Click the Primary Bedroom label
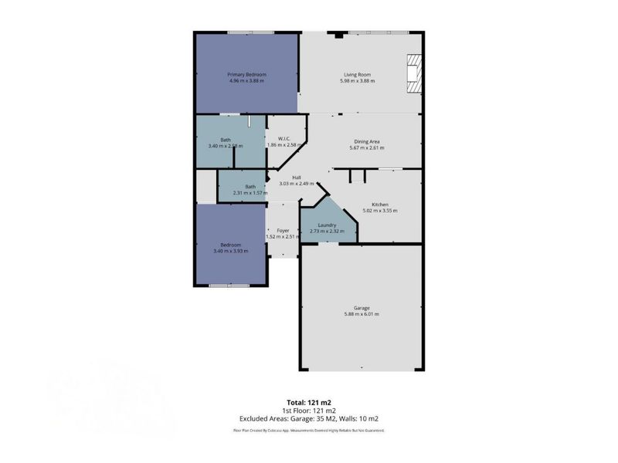tap(246, 74)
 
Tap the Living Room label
tap(360, 74)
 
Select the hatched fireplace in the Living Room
tap(415, 74)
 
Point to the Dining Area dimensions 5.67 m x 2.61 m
tap(367, 147)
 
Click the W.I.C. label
tap(284, 139)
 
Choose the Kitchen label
tap(380, 204)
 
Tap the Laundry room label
tap(328, 225)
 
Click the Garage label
tap(362, 307)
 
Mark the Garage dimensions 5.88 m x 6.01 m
tap(362, 314)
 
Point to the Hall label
tap(296, 177)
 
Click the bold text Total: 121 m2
tap(308, 403)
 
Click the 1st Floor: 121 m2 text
tap(308, 410)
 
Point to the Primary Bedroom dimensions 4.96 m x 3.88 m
tap(246, 81)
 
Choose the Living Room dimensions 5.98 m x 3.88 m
tap(360, 81)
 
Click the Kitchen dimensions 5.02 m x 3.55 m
tap(380, 211)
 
